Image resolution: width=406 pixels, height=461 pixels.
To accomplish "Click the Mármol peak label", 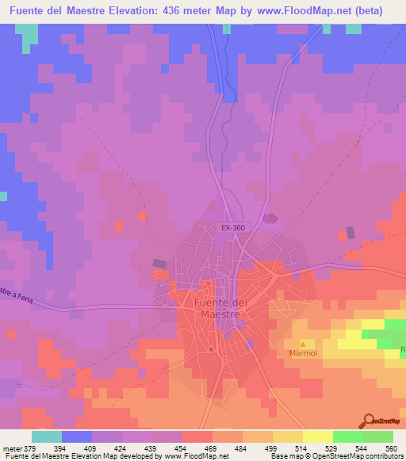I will point(302,353).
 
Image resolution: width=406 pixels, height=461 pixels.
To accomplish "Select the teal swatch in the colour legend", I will point(47,436).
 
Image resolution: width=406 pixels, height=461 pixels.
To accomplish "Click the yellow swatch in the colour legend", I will point(317,436).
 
